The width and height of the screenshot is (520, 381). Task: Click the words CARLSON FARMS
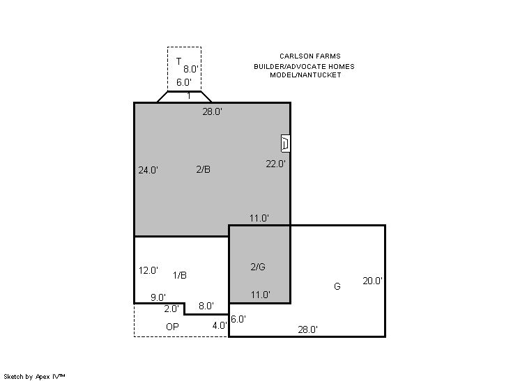309,56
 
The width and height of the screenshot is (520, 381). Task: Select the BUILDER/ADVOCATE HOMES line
304,67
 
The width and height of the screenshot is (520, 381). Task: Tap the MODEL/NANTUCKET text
305,75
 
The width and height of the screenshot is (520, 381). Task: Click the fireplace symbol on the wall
285,143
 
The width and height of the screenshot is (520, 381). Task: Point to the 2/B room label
204,169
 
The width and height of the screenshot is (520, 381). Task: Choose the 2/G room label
258,267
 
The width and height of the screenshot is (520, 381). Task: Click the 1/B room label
180,275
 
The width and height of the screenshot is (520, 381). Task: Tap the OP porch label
172,327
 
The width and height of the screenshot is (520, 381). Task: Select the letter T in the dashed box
178,61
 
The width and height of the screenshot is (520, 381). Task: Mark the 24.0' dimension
148,170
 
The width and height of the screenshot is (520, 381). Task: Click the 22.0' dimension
275,164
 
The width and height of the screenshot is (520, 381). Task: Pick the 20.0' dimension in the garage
372,281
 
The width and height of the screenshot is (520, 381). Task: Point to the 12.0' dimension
148,271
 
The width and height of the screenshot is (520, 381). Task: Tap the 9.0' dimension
158,297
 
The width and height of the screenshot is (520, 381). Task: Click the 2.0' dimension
171,309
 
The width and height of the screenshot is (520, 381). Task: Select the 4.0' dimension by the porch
220,326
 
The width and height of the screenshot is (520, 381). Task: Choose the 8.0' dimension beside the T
191,69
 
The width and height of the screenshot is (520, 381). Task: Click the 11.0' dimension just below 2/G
260,295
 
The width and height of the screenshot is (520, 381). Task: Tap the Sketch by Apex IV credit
34,377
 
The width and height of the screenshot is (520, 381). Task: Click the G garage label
337,286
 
